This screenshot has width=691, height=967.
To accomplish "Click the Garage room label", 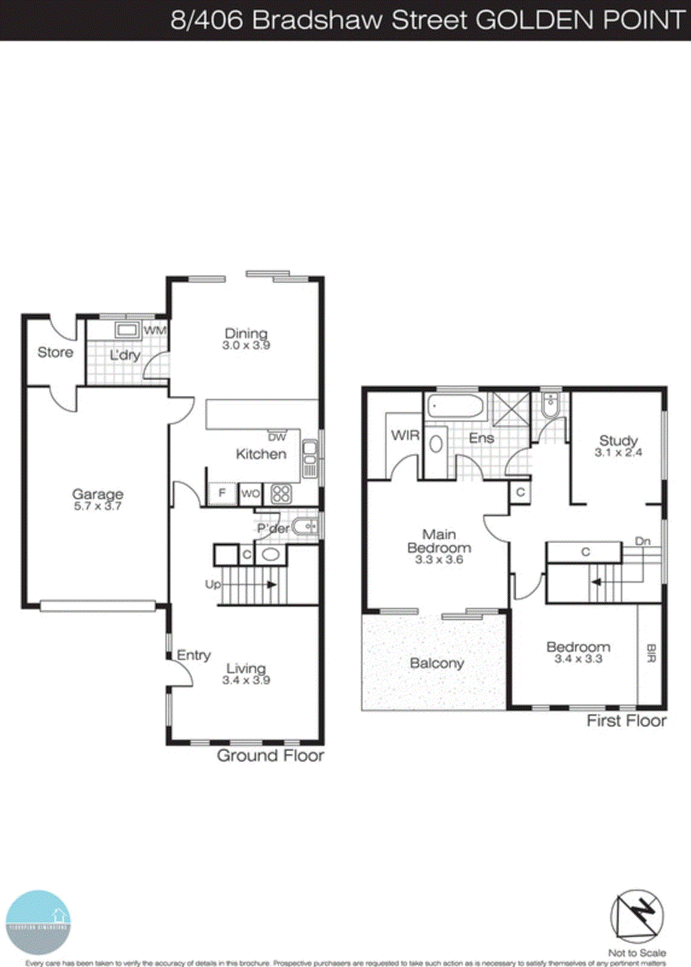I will [97, 494].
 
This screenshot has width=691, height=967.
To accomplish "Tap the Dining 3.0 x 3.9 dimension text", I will [246, 346].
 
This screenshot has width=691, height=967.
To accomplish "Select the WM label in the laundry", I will [155, 331].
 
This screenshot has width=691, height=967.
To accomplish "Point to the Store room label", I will [55, 352].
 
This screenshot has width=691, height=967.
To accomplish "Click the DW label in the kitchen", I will [277, 437].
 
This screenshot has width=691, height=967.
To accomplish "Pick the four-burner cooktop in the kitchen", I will [281, 494].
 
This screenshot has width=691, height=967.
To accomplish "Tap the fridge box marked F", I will [222, 493].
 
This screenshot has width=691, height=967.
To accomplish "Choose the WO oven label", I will [250, 494].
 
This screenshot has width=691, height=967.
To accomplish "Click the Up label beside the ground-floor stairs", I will [213, 584].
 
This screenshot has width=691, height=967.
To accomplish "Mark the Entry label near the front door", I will [193, 655].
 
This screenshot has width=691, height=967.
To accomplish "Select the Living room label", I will [246, 668].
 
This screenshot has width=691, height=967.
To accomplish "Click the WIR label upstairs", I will [405, 435].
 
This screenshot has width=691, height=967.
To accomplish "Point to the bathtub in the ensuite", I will [456, 406].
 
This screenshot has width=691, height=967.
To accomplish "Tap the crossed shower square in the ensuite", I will [511, 409].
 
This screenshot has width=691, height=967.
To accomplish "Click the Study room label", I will [618, 441].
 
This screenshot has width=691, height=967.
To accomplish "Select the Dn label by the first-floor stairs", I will [643, 541].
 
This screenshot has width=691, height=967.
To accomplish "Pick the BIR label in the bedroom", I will [651, 654].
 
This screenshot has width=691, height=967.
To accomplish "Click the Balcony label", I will [437, 663].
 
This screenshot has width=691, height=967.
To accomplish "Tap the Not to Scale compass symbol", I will [637, 916].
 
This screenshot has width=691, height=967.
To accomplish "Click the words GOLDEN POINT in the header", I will [580, 20].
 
